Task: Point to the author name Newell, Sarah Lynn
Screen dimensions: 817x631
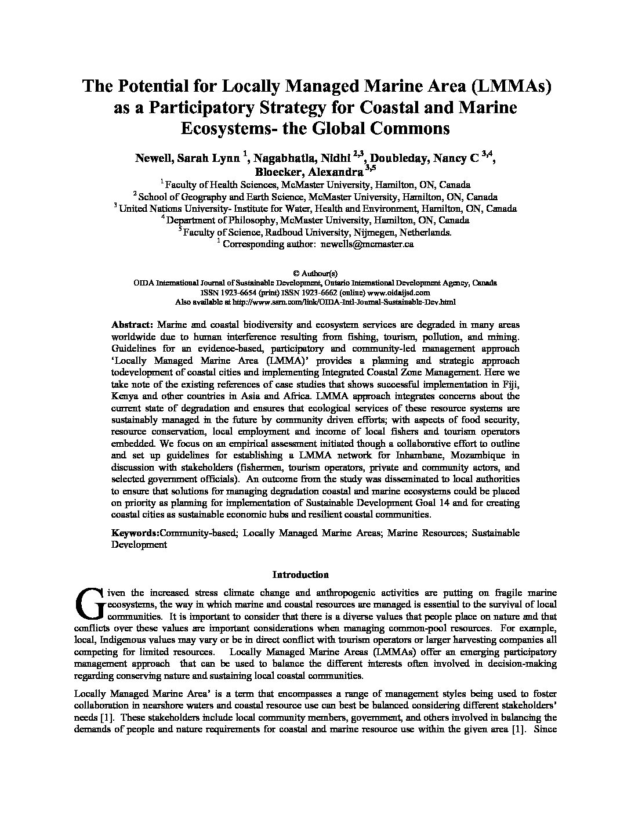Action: [188, 158]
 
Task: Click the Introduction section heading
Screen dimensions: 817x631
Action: [300, 575]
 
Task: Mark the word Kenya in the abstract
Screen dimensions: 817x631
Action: [125, 396]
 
